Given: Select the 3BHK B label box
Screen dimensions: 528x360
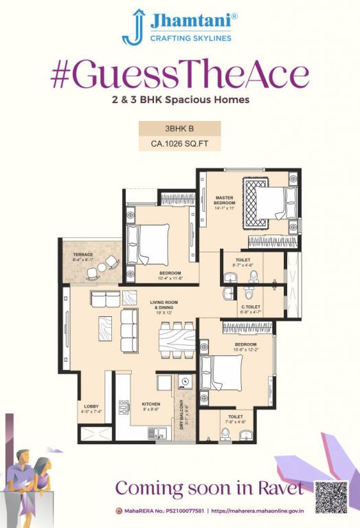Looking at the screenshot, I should (x=180, y=128).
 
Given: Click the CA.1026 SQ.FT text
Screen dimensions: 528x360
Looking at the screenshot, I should (x=180, y=144).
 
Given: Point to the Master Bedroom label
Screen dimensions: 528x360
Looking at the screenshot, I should (x=224, y=202).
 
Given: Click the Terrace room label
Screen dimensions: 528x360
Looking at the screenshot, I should (x=83, y=257).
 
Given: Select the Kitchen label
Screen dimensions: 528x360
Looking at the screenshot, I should (x=150, y=406).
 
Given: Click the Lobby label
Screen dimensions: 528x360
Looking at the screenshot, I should (x=91, y=408).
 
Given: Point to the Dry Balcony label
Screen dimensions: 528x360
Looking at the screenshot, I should (x=182, y=415).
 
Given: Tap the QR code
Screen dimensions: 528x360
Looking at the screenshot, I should (x=331, y=496).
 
